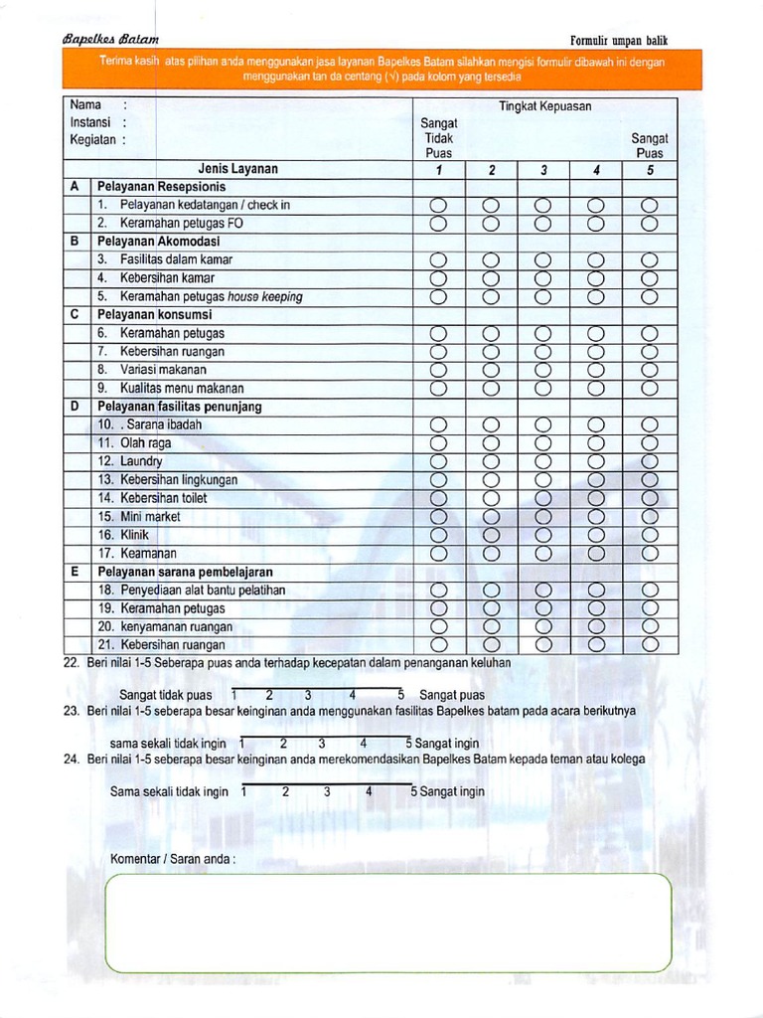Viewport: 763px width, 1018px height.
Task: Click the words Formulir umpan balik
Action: point(619,40)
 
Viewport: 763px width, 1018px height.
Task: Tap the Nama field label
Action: point(85,104)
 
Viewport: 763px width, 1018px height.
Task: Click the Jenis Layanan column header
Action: point(237,169)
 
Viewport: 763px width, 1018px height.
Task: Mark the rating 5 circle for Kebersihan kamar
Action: point(649,278)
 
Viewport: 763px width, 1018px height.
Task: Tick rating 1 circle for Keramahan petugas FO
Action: point(437,224)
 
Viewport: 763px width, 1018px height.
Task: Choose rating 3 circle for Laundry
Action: point(542,462)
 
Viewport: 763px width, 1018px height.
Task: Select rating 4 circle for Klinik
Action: point(596,535)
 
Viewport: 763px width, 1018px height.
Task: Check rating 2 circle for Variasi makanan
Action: point(490,370)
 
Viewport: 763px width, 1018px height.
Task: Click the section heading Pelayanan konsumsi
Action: point(154,314)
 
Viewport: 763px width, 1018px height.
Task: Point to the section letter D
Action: point(75,407)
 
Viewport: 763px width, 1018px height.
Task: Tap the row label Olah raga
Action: point(145,443)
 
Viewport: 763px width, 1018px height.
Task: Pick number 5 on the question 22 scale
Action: point(400,695)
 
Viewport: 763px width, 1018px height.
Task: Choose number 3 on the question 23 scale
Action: point(321,743)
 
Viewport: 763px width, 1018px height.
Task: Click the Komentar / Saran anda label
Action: point(172,859)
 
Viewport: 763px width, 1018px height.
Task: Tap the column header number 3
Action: point(543,170)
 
